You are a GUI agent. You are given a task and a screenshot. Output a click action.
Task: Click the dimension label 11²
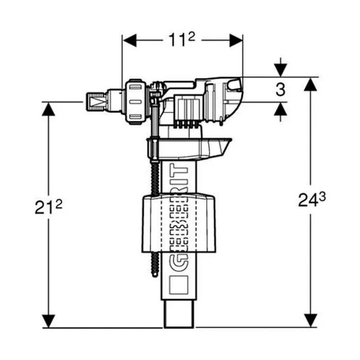182,40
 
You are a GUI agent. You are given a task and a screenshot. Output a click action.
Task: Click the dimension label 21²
49,207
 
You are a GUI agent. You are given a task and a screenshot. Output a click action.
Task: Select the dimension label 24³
312,199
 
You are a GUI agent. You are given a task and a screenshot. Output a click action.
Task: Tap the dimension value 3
280,90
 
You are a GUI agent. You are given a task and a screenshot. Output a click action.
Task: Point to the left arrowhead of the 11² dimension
130,40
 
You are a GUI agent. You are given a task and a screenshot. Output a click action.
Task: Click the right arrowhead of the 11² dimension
236,40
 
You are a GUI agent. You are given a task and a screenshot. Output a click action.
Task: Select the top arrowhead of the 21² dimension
49,109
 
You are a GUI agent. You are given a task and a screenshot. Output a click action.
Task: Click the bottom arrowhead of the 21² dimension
49,321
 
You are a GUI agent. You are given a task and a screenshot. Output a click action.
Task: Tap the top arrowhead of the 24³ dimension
310,84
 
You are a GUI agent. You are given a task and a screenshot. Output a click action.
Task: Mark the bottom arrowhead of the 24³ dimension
310,320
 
